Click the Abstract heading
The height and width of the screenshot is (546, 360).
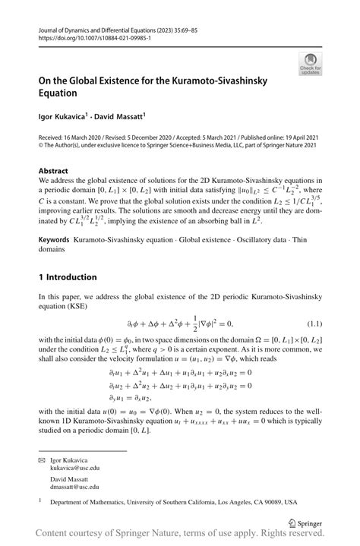53,172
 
